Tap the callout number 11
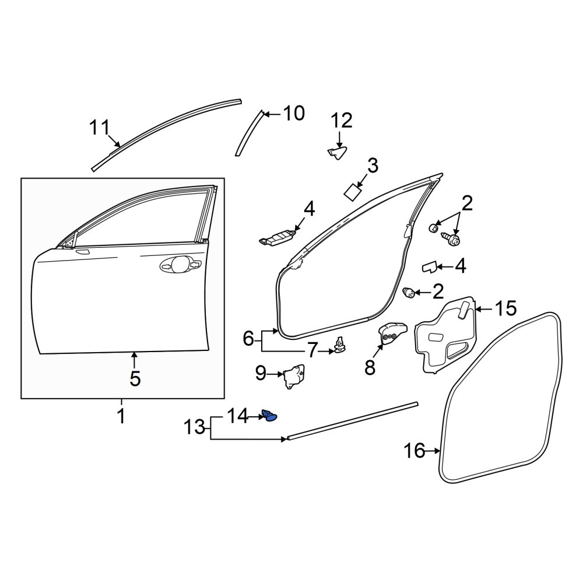(x=99, y=128)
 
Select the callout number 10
(x=294, y=113)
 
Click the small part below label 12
(x=337, y=152)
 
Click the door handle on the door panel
(x=180, y=264)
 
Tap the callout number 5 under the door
(x=135, y=378)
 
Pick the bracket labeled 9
(x=295, y=377)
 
